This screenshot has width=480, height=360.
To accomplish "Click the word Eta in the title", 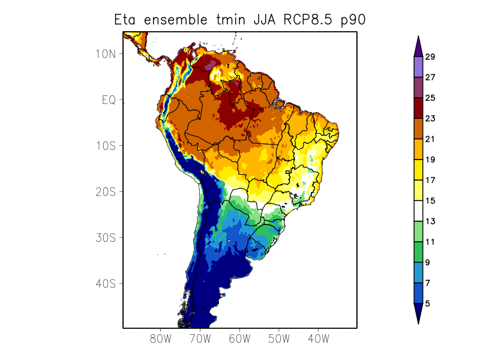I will (x=127, y=20).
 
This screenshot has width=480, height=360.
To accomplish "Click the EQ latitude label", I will (x=108, y=100).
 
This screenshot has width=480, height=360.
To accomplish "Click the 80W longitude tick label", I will (x=161, y=338).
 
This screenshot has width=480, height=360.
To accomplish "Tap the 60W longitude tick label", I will (x=239, y=338).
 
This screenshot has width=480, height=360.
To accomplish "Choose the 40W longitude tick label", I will (x=318, y=338).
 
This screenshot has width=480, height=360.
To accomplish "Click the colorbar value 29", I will (x=430, y=57).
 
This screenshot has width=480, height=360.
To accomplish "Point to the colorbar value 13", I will (x=430, y=221).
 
